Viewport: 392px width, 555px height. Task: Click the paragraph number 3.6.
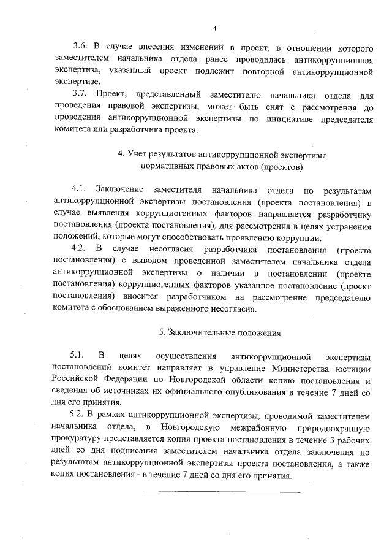[x=81, y=47]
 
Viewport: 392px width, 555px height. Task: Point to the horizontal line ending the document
[x=221, y=491]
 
